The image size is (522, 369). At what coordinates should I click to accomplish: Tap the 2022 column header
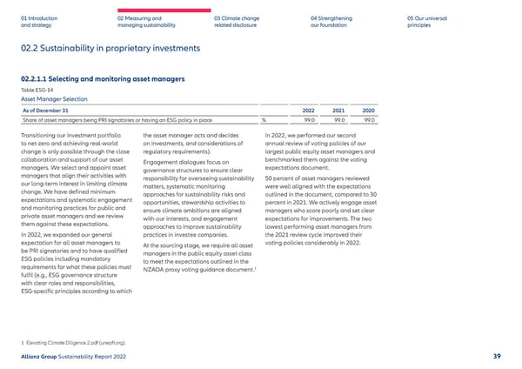click(x=308, y=111)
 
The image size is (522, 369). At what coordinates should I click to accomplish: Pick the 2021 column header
click(x=338, y=111)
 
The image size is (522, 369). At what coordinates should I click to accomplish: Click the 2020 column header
click(x=368, y=111)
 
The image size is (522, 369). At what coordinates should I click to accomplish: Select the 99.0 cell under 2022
click(x=308, y=120)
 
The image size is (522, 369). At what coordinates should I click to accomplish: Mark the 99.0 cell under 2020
click(x=369, y=120)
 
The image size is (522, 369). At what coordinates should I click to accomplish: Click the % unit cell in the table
click(x=264, y=120)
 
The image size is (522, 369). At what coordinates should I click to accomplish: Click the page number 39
click(x=495, y=357)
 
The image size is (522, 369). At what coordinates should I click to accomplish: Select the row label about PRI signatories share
click(x=117, y=120)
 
